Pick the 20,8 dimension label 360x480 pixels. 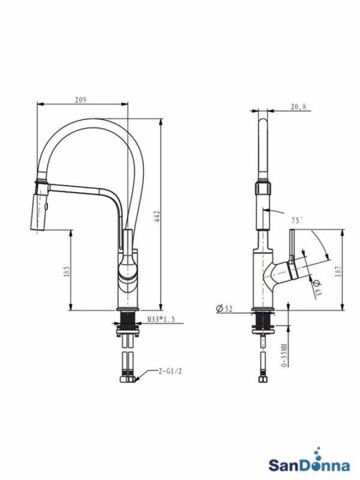point(298,107)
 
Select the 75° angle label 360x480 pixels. point(296,220)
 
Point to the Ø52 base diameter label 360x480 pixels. point(224,309)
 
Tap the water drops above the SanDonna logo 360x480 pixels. point(318,451)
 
